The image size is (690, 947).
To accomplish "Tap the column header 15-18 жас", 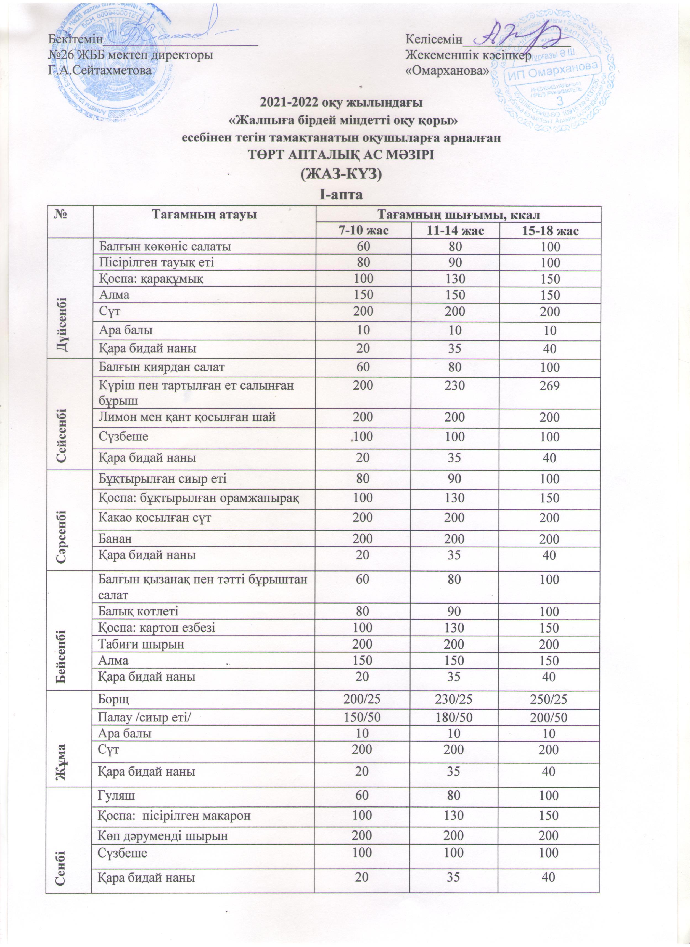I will (550, 231).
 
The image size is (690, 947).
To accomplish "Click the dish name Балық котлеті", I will (138, 612).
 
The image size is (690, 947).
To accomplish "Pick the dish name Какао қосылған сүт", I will (155, 518).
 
